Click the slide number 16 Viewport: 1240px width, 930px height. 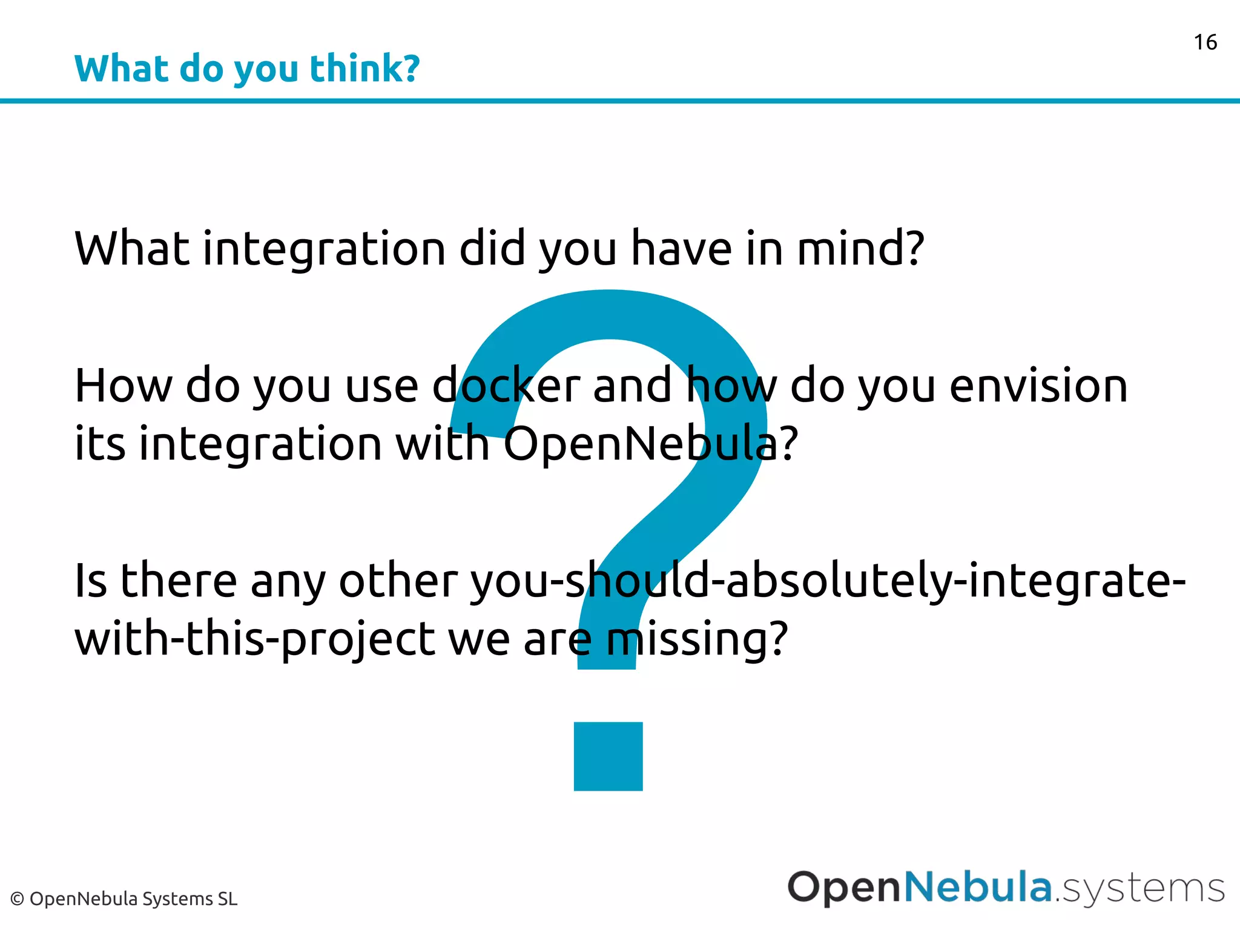[1205, 42]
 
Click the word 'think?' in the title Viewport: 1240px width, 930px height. [364, 68]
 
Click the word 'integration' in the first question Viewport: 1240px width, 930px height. [324, 249]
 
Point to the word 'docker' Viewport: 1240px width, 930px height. [506, 386]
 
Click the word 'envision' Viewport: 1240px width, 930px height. [1038, 386]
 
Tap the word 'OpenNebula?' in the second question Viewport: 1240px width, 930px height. [650, 444]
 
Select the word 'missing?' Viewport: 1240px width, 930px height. [697, 639]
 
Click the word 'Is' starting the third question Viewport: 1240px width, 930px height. [90, 580]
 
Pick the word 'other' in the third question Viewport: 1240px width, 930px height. [398, 580]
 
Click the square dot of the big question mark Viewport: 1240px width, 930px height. [608, 756]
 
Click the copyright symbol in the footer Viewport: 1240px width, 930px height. [17, 899]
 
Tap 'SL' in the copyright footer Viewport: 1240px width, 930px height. [228, 899]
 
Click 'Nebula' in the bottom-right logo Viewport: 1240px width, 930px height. [977, 887]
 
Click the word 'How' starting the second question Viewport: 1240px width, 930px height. [123, 386]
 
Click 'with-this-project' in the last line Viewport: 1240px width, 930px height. [254, 639]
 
